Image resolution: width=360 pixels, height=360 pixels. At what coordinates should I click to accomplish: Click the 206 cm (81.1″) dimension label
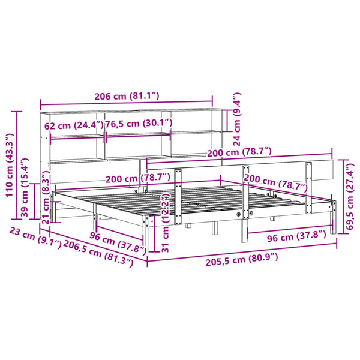click(x=127, y=96)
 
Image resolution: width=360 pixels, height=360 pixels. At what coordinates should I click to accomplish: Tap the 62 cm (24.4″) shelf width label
click(x=74, y=126)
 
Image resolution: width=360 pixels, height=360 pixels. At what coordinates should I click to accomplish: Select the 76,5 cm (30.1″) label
click(x=139, y=124)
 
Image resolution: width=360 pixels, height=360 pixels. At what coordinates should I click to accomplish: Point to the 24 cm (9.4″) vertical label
click(x=236, y=119)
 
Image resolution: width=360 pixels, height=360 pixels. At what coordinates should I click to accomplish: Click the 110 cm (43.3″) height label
click(x=10, y=165)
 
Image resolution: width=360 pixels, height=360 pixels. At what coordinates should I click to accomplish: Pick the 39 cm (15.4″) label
click(x=25, y=188)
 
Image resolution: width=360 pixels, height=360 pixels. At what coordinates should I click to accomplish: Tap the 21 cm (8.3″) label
click(x=46, y=197)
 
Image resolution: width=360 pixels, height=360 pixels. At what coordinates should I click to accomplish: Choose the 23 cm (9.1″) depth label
click(x=35, y=237)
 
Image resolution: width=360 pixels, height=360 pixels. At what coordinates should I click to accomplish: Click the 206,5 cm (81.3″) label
click(x=98, y=253)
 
